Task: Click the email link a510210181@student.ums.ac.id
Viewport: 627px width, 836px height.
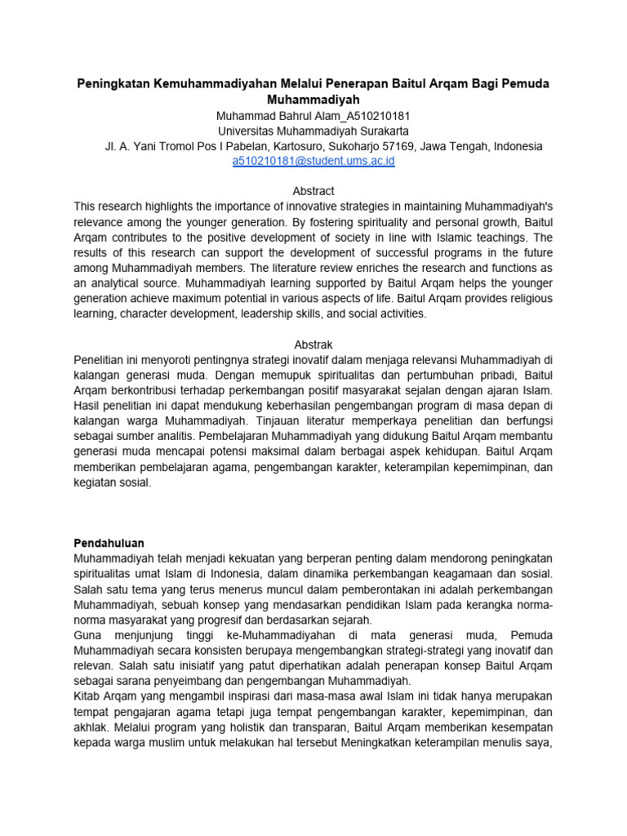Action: click(x=313, y=162)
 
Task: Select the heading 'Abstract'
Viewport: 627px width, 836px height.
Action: click(x=313, y=191)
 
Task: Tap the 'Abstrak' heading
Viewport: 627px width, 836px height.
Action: click(x=313, y=345)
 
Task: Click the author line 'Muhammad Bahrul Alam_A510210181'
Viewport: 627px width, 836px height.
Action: click(x=313, y=115)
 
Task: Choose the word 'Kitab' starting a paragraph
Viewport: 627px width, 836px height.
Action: click(x=87, y=696)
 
